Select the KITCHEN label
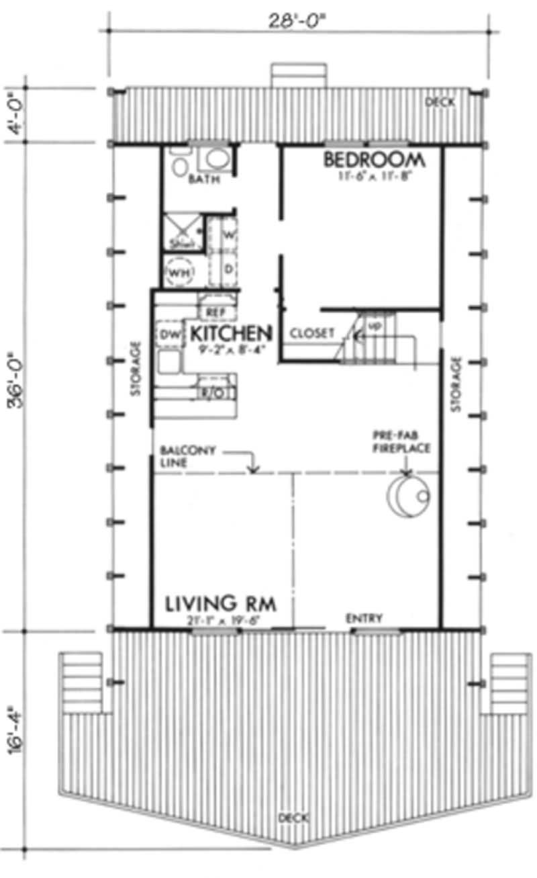tap(230, 333)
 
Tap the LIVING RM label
tap(221, 603)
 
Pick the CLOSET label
tap(312, 333)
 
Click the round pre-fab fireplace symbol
tap(407, 497)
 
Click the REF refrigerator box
tap(216, 312)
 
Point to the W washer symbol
tap(228, 235)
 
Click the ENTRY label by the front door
tap(364, 618)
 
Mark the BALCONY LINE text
tap(187, 457)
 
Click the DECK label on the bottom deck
tap(293, 818)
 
